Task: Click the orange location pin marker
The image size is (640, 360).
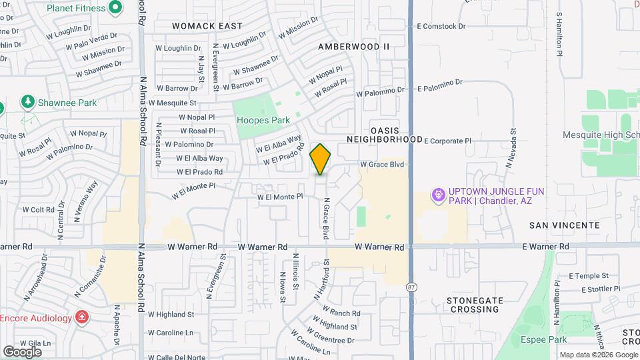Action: [x=321, y=159]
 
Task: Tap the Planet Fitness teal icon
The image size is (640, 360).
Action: [x=115, y=8]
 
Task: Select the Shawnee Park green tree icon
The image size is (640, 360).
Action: [x=28, y=102]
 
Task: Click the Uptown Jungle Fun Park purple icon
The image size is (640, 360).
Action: [x=438, y=195]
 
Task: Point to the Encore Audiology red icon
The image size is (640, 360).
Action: [x=82, y=317]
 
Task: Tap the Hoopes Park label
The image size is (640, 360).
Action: [x=263, y=120]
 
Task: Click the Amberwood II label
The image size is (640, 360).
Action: [x=353, y=47]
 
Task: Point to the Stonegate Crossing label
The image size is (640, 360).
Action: [x=475, y=305]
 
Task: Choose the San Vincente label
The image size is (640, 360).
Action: [x=564, y=226]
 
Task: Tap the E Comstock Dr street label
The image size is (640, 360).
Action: [x=441, y=26]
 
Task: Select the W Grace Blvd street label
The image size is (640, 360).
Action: [x=382, y=164]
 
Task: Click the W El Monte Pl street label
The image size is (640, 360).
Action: [x=280, y=197]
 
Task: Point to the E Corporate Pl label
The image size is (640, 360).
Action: [x=447, y=141]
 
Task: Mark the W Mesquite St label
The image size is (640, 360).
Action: [x=173, y=103]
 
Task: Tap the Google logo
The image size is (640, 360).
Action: [x=22, y=351]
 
